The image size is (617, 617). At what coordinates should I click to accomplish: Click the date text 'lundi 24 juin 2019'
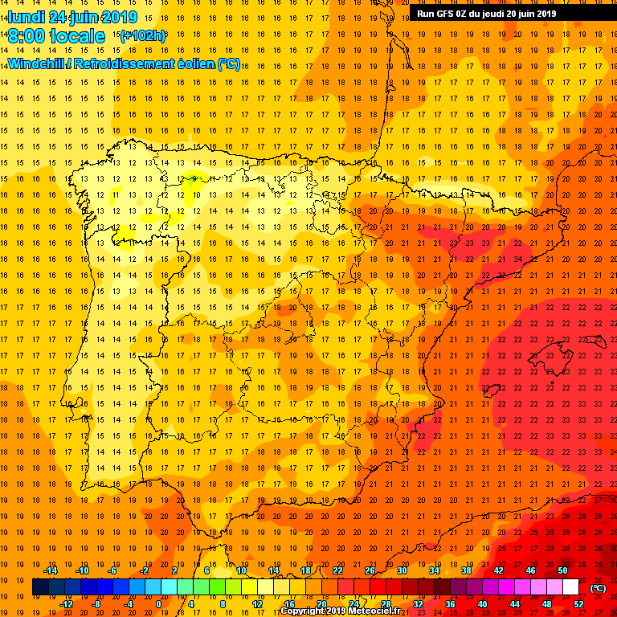pyautogui.click(x=72, y=17)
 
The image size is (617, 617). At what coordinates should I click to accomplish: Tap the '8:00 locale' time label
pyautogui.click(x=56, y=36)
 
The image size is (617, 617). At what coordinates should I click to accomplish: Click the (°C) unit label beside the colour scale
pyautogui.click(x=598, y=588)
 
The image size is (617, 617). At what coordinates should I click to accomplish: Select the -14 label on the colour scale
pyautogui.click(x=50, y=570)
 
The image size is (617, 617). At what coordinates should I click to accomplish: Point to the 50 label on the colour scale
pyautogui.click(x=562, y=570)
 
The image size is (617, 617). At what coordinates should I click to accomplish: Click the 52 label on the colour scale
pyautogui.click(x=578, y=604)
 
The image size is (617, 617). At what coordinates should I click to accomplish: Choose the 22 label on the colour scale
pyautogui.click(x=337, y=570)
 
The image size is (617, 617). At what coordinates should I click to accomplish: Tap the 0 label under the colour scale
pyautogui.click(x=159, y=604)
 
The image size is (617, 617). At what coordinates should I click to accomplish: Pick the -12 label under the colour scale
pyautogui.click(x=66, y=604)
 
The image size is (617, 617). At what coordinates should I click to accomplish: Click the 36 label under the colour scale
pyautogui.click(x=450, y=604)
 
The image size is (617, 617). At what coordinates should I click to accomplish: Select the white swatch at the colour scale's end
pyautogui.click(x=570, y=587)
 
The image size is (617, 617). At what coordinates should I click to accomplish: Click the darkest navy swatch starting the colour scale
pyautogui.click(x=40, y=587)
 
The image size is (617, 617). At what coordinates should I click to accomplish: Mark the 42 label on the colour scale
pyautogui.click(x=498, y=570)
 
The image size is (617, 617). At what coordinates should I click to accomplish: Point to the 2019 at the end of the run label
pyautogui.click(x=546, y=13)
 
